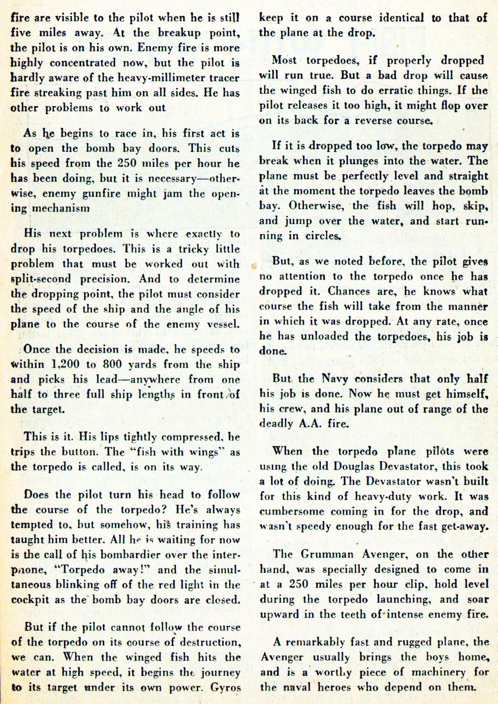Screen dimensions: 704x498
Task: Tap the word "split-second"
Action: pyautogui.click(x=41, y=279)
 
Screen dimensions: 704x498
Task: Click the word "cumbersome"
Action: pyautogui.click(x=292, y=511)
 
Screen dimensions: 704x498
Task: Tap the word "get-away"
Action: pyautogui.click(x=465, y=526)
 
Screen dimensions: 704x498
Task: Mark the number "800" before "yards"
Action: pyautogui.click(x=112, y=364)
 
